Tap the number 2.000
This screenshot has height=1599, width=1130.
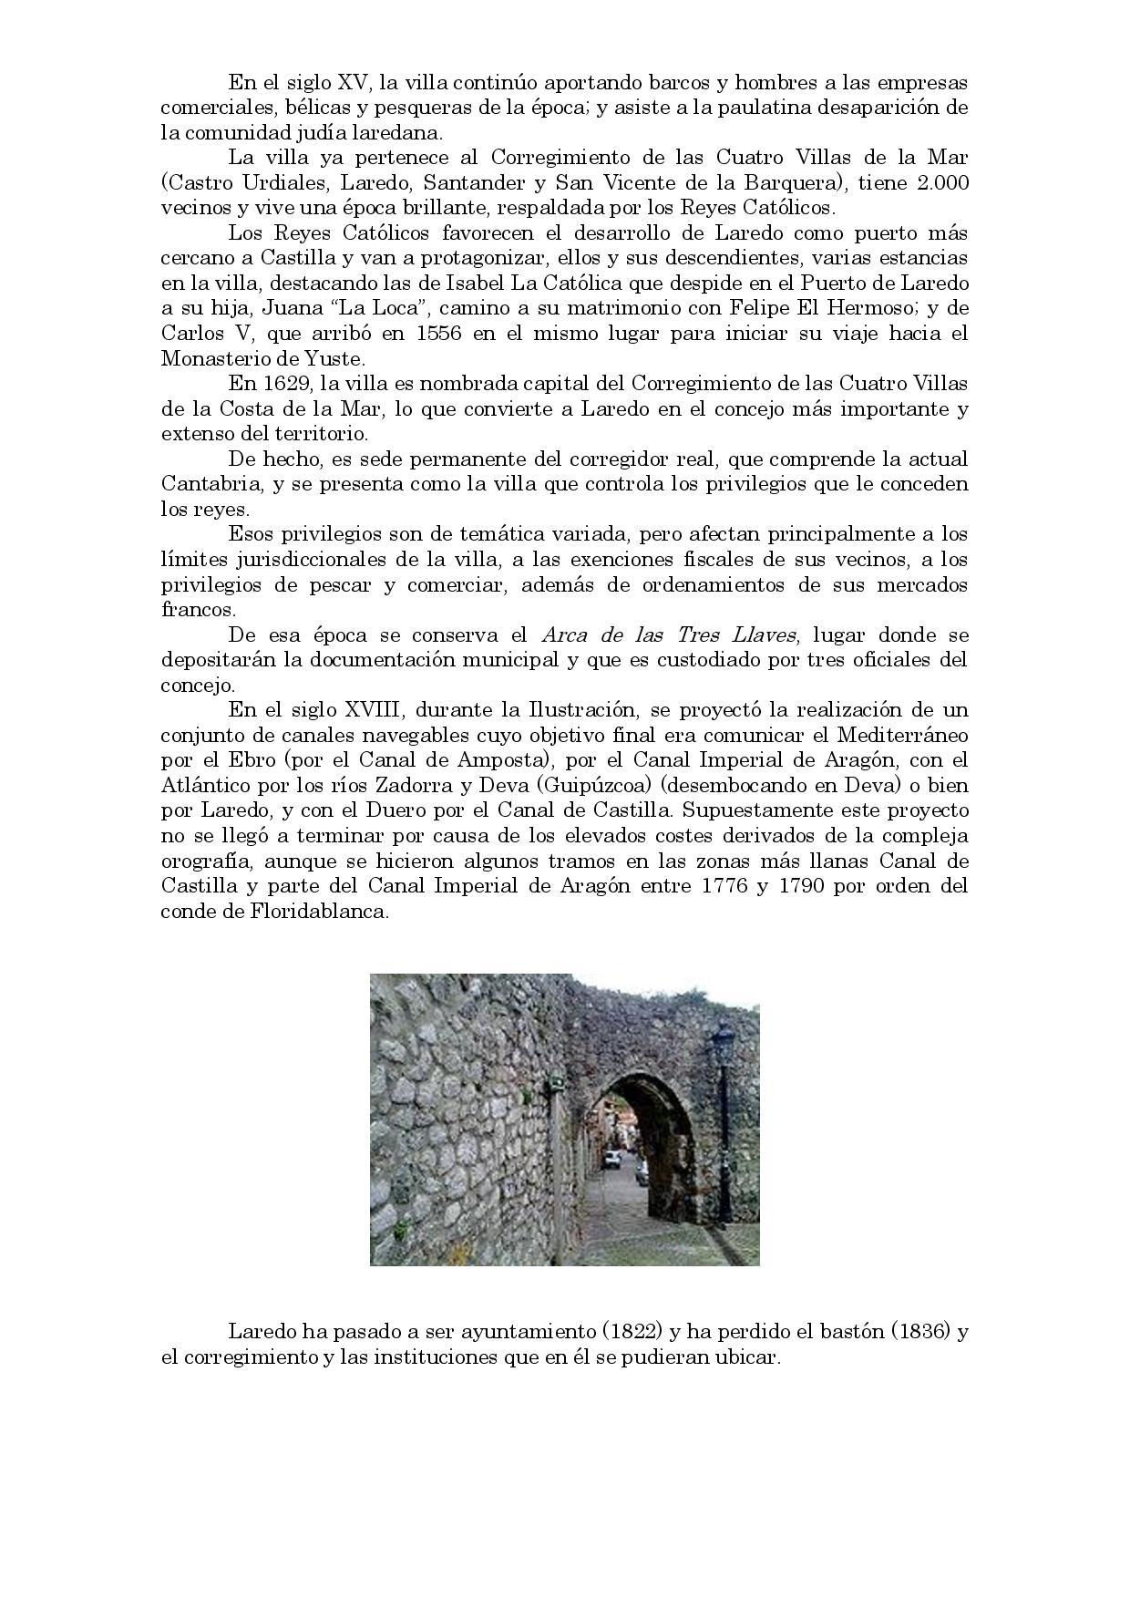click(942, 182)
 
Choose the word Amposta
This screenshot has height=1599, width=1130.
click(507, 760)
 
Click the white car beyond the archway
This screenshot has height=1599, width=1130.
click(613, 1159)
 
